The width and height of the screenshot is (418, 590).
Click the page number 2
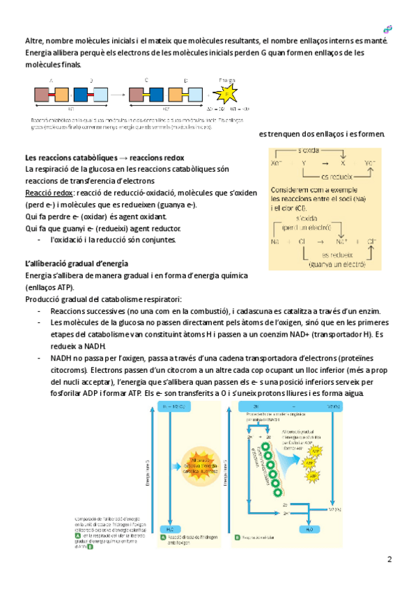click(x=389, y=559)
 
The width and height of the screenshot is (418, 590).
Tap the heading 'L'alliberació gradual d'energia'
click(x=76, y=264)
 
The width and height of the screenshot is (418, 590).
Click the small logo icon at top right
click(x=388, y=29)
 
